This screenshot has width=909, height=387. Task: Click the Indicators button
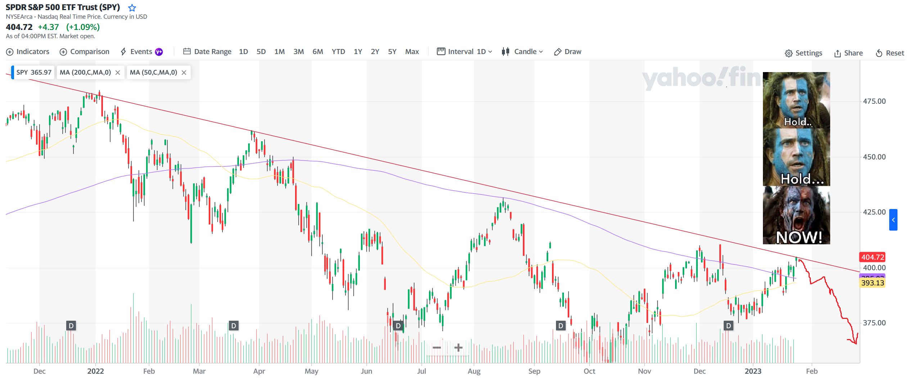[28, 52]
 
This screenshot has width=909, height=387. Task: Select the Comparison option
[85, 52]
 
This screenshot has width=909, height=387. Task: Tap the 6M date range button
[317, 52]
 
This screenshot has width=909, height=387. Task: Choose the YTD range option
[338, 52]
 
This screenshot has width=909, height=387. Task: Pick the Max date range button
[412, 52]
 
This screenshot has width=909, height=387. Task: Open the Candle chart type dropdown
[523, 52]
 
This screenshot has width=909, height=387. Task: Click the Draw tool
[568, 52]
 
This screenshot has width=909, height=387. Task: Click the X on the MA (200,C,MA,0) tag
[118, 73]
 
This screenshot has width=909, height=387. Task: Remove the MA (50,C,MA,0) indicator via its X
[184, 73]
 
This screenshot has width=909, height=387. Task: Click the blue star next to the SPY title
[132, 8]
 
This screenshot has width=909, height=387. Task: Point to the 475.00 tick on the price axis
[874, 101]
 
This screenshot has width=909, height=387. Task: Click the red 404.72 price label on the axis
[872, 257]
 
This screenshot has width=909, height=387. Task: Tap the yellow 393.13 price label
[872, 283]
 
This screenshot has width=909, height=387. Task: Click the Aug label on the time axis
[474, 372]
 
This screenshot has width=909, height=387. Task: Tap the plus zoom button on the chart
[458, 348]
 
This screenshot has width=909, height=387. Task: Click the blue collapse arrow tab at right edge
[893, 220]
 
